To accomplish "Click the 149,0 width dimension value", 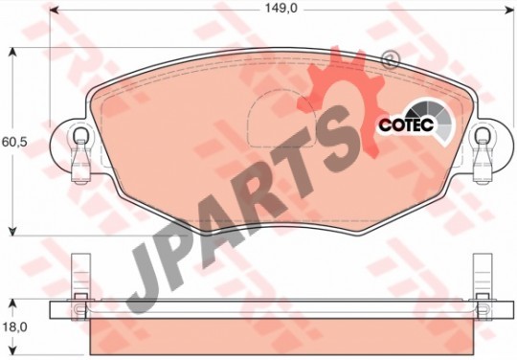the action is (281, 9).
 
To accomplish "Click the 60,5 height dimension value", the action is (15, 143).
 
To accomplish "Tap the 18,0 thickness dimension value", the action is (15, 327).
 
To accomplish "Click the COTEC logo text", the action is (406, 125).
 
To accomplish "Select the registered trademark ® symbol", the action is (390, 60).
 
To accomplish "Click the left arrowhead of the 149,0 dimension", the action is (54, 10).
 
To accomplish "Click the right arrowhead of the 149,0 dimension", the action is (509, 10).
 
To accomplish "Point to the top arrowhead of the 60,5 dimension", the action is (12, 53).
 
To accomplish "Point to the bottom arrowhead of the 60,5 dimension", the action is (12, 231).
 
